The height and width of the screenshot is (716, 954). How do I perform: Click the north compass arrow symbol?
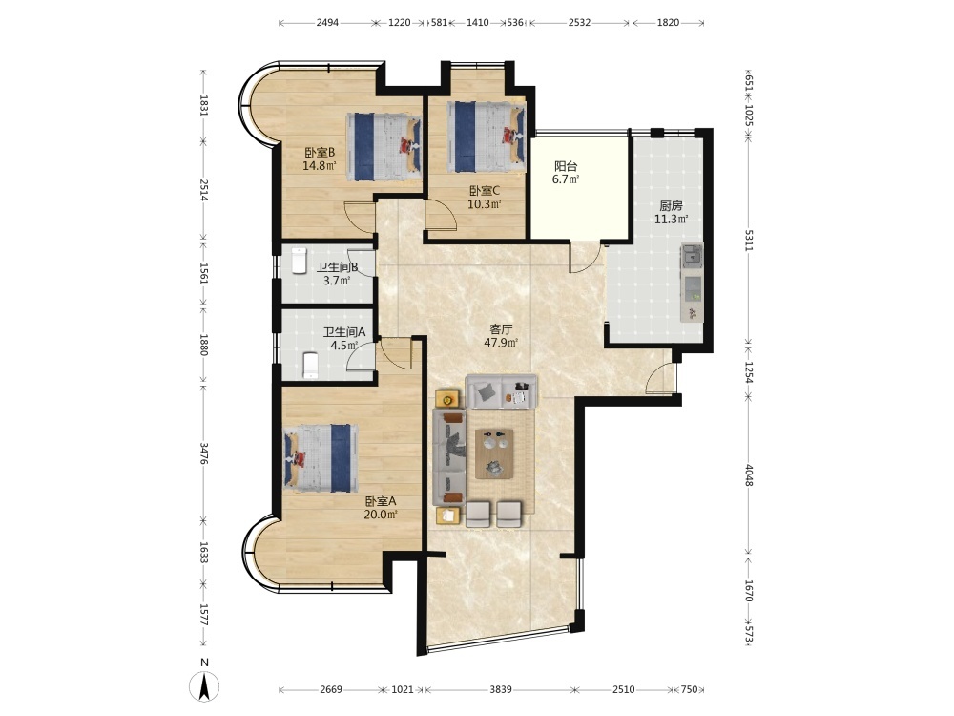(x=204, y=687)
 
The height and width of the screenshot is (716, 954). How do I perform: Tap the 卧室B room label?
(x=320, y=152)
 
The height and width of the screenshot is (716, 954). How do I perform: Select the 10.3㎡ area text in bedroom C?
(x=485, y=204)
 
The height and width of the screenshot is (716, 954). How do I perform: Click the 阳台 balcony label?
(x=566, y=166)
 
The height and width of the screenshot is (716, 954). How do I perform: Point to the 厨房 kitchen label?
(x=671, y=206)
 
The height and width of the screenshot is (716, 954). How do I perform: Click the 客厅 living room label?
(x=501, y=329)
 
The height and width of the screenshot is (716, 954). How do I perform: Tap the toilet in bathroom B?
(x=299, y=261)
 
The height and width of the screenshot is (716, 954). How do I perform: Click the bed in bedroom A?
(x=321, y=458)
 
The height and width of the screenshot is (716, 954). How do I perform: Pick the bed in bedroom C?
(x=487, y=137)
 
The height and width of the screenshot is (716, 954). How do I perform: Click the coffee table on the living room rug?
(x=494, y=453)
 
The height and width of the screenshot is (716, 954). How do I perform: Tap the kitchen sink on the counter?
(x=691, y=256)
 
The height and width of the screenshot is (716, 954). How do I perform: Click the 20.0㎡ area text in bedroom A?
(x=381, y=515)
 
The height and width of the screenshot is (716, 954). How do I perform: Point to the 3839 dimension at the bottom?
(x=501, y=690)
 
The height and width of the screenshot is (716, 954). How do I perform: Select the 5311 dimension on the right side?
(x=749, y=241)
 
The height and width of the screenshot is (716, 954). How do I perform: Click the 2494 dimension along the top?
(x=327, y=23)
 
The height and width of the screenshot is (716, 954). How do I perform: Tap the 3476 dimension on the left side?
(x=204, y=453)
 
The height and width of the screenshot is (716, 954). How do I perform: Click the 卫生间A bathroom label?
(x=344, y=332)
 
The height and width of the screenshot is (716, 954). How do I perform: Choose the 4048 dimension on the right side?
(x=749, y=475)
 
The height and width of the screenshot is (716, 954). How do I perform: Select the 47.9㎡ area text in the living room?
(x=501, y=343)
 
